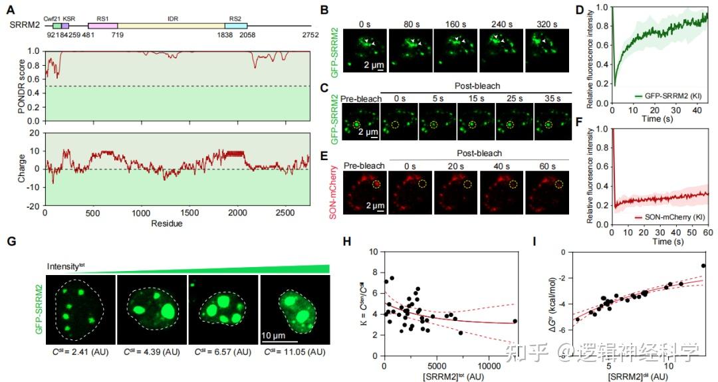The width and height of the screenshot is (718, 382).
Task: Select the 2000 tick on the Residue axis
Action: (x=237, y=213)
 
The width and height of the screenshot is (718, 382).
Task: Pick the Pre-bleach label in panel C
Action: (x=361, y=99)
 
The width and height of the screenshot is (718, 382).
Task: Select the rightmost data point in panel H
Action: (x=515, y=321)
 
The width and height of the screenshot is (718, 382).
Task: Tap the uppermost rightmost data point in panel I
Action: (x=703, y=266)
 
